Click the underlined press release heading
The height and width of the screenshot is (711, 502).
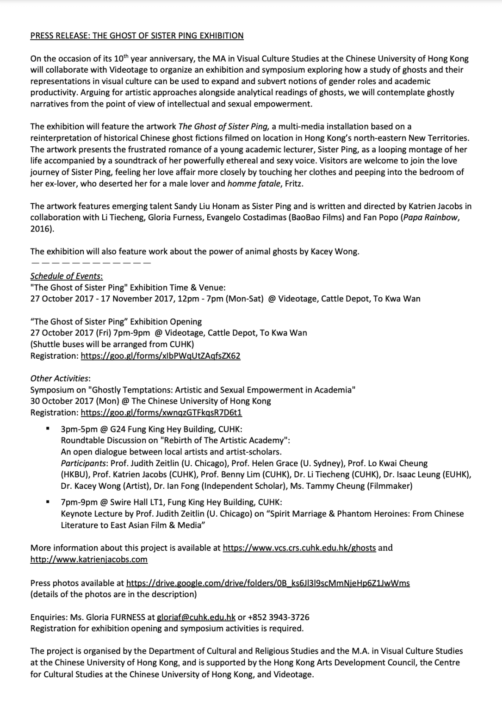[136, 36]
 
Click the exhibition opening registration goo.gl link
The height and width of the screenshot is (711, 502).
[161, 355]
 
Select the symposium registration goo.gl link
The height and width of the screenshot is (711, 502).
[161, 412]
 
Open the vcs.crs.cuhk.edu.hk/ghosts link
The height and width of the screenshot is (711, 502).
[299, 548]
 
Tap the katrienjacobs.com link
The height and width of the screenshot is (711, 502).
[89, 559]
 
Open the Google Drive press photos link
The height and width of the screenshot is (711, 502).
[268, 583]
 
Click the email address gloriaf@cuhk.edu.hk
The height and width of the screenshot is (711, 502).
[196, 617]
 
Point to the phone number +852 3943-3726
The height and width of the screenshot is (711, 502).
[279, 617]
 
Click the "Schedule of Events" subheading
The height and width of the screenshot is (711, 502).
[66, 276]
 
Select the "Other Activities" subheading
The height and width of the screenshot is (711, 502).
[60, 378]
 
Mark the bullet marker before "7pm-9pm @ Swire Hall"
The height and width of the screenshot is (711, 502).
[48, 502]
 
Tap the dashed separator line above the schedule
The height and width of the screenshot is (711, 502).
[90, 263]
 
